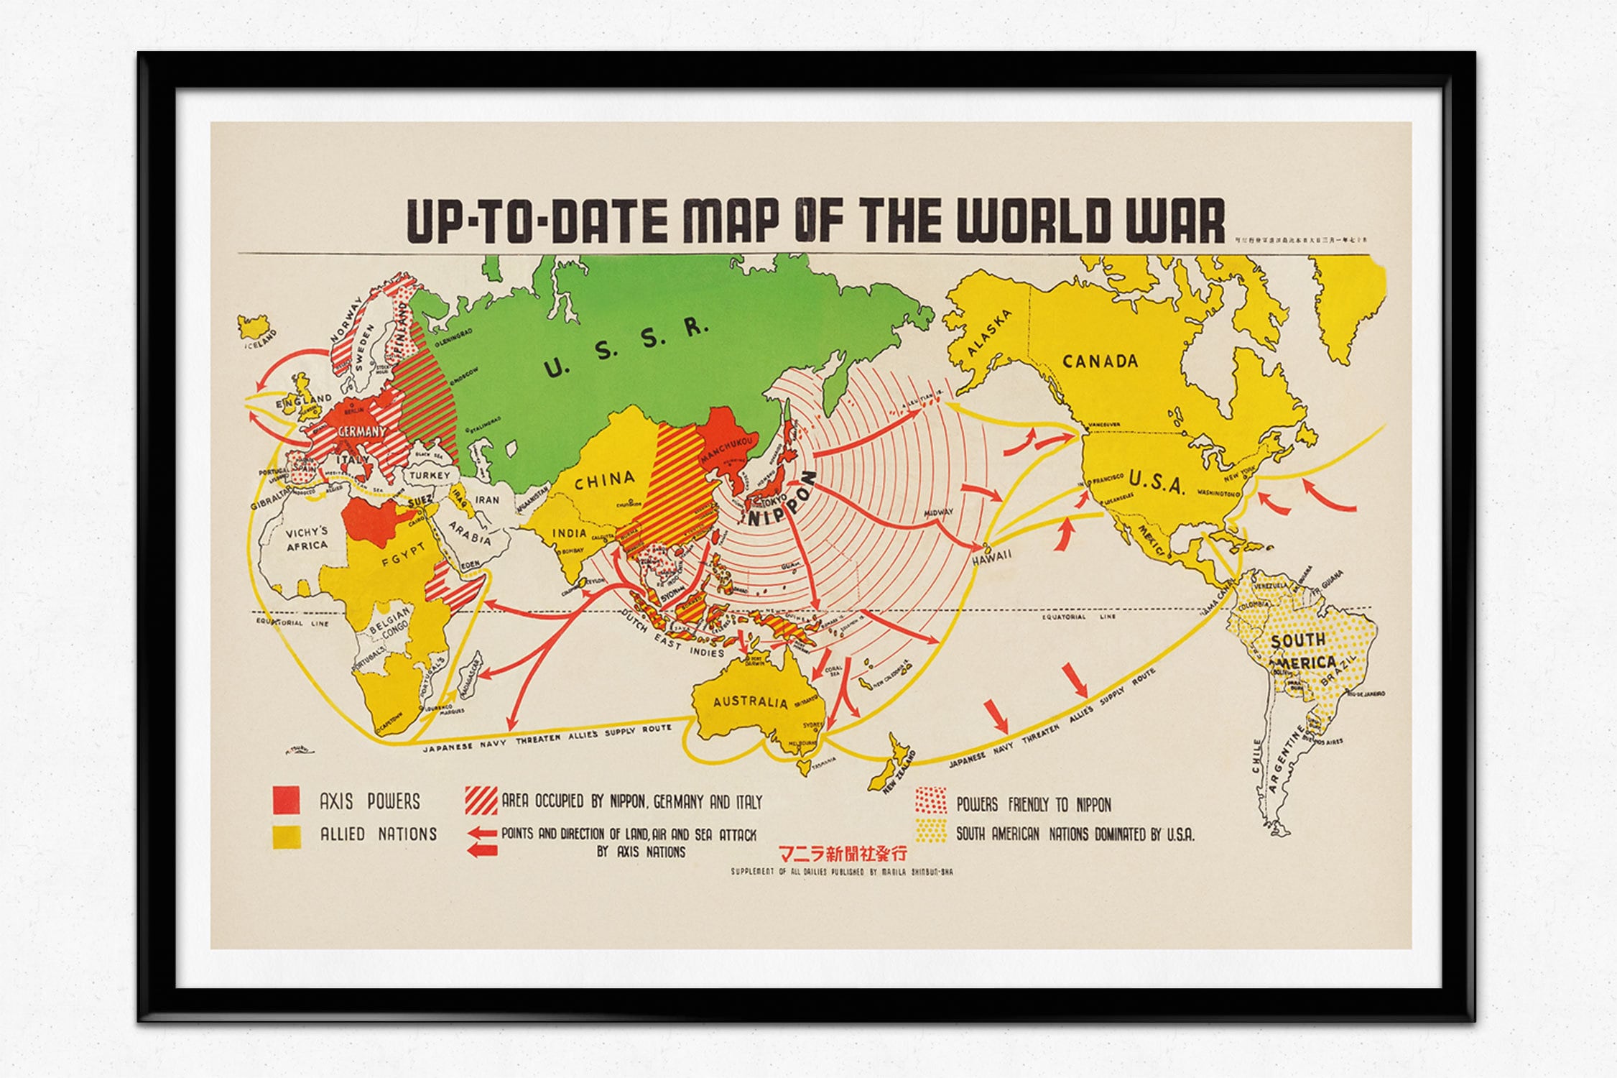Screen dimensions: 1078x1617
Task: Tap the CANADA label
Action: (x=1100, y=361)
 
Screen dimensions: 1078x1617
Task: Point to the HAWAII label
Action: (x=992, y=555)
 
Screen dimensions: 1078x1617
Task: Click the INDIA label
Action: (x=569, y=533)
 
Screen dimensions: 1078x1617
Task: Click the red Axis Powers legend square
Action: (x=286, y=801)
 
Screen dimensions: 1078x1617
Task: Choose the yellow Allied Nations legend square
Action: (x=286, y=836)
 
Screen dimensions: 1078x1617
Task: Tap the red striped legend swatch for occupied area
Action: (x=481, y=801)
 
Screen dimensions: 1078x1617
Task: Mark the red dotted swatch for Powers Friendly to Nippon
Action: (x=930, y=801)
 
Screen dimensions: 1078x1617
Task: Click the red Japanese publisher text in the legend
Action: (x=843, y=854)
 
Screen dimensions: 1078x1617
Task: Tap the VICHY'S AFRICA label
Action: (x=307, y=539)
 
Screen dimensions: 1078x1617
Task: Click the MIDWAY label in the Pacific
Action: (x=939, y=512)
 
